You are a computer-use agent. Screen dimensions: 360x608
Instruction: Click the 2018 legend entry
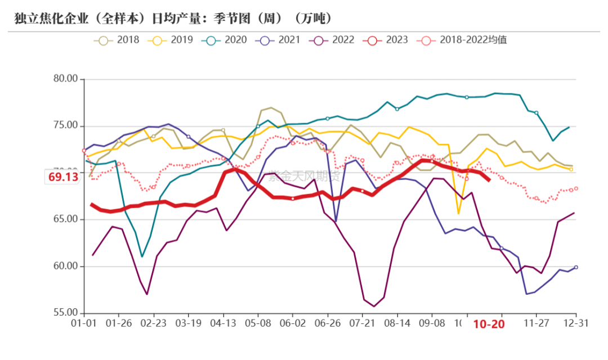pos(122,40)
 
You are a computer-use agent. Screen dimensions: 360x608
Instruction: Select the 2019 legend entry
pos(175,40)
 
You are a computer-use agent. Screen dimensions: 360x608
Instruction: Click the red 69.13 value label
pos(63,177)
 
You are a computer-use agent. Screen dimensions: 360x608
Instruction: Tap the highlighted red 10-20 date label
pos(488,325)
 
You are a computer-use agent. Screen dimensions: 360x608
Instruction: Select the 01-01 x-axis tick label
pos(83,324)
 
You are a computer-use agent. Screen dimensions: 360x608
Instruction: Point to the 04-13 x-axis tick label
pos(223,324)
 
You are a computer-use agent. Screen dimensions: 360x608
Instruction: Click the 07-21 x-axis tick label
pos(363,324)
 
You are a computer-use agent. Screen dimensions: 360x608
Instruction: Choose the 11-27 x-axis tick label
pos(537,324)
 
